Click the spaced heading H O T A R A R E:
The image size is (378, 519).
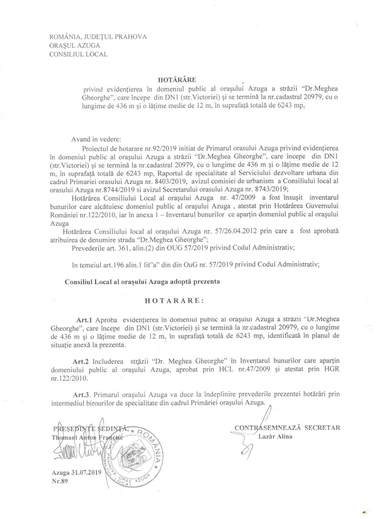[173, 301]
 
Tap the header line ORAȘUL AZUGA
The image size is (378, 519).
[74, 46]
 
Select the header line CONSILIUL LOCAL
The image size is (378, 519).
[78, 54]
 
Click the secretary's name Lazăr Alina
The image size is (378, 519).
[275, 436]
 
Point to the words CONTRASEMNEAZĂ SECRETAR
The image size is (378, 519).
[287, 427]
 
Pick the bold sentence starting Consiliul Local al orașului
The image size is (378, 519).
[142, 281]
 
